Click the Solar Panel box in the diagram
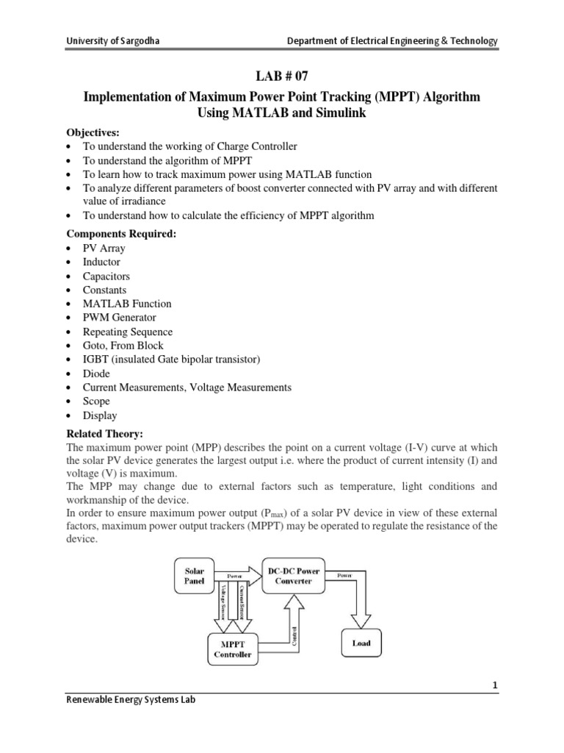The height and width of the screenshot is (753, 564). [195, 575]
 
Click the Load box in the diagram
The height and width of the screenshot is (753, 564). [361, 643]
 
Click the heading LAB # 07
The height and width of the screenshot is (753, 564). [281, 78]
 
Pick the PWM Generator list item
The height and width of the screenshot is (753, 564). [119, 318]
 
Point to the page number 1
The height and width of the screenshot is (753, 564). [495, 685]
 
